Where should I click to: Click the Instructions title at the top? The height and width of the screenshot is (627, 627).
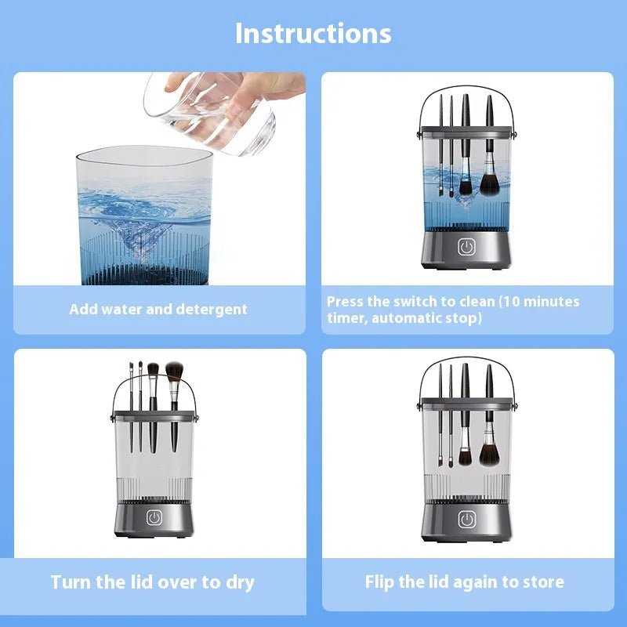(313, 34)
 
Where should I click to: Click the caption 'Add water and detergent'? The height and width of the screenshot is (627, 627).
(158, 309)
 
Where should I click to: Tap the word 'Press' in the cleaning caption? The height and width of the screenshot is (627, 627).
(346, 302)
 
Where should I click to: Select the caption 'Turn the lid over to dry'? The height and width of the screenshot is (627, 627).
(153, 582)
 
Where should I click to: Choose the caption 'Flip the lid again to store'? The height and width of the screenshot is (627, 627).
(464, 582)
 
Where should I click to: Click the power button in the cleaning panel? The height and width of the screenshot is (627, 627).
(467, 247)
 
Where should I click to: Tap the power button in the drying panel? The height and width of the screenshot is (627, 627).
(154, 518)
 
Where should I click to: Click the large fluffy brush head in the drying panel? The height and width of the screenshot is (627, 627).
(174, 369)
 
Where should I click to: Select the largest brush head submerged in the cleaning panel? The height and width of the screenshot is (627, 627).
(489, 184)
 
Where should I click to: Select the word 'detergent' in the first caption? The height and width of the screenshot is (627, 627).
(210, 309)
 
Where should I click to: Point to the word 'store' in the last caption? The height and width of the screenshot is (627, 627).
(543, 582)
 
